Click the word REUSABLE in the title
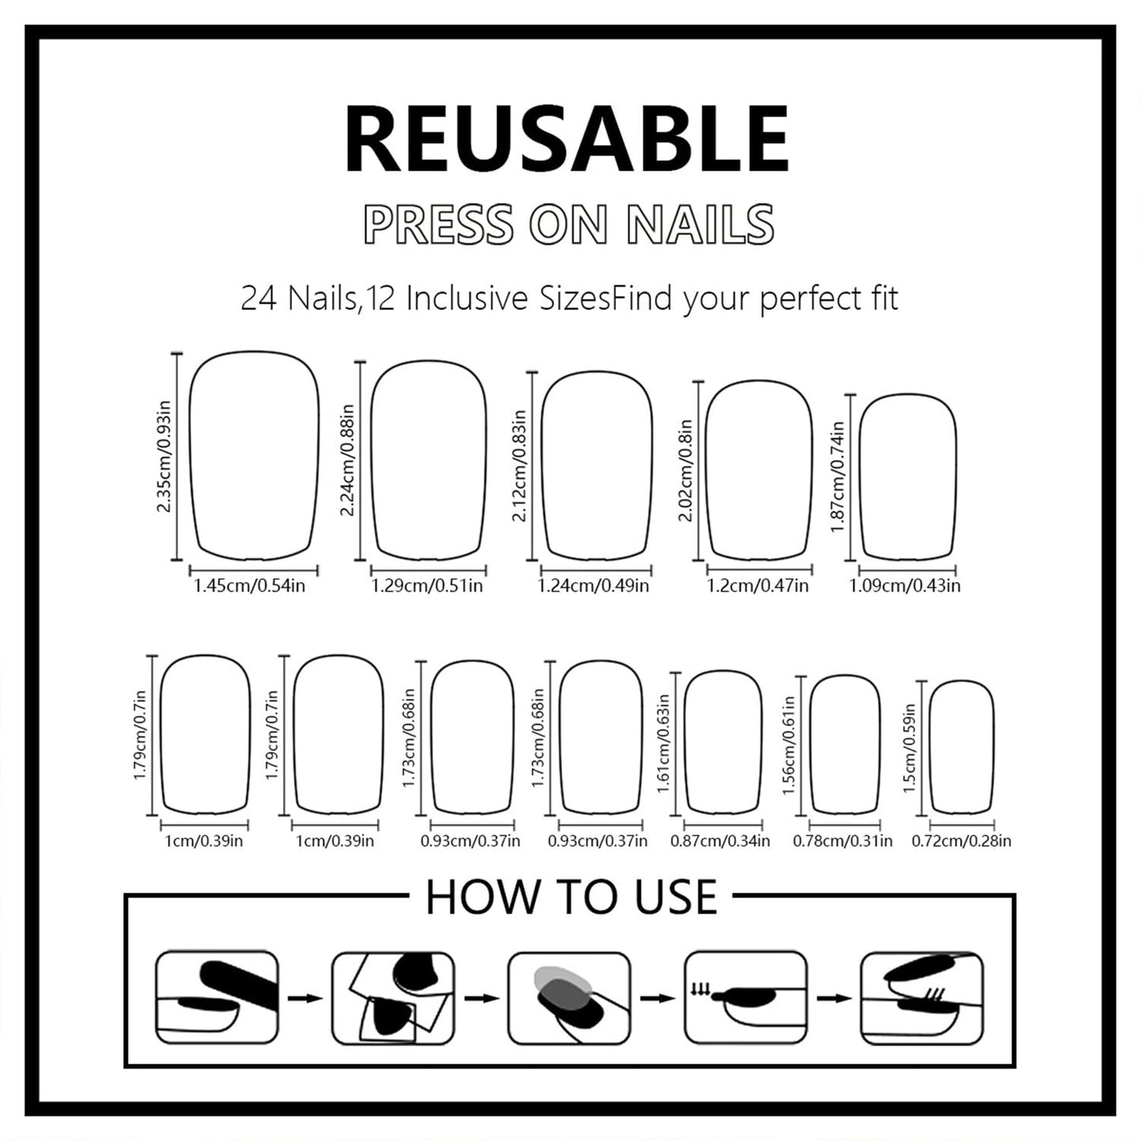tap(566, 140)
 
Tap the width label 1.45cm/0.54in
tap(249, 586)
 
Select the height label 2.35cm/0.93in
tap(163, 457)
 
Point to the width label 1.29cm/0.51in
tap(427, 586)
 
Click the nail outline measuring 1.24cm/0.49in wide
tap(597, 465)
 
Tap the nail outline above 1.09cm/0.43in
tap(907, 477)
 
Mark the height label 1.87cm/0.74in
tap(837, 477)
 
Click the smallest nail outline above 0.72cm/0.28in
tap(961, 746)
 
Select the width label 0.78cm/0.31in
tap(843, 842)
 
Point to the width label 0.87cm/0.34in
tap(720, 842)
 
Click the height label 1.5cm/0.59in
tap(910, 748)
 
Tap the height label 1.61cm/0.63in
tap(663, 744)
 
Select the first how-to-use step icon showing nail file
tap(217, 997)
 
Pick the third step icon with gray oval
tap(569, 997)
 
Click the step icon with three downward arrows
tap(745, 997)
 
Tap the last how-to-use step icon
tap(921, 997)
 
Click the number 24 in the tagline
tap(258, 300)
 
